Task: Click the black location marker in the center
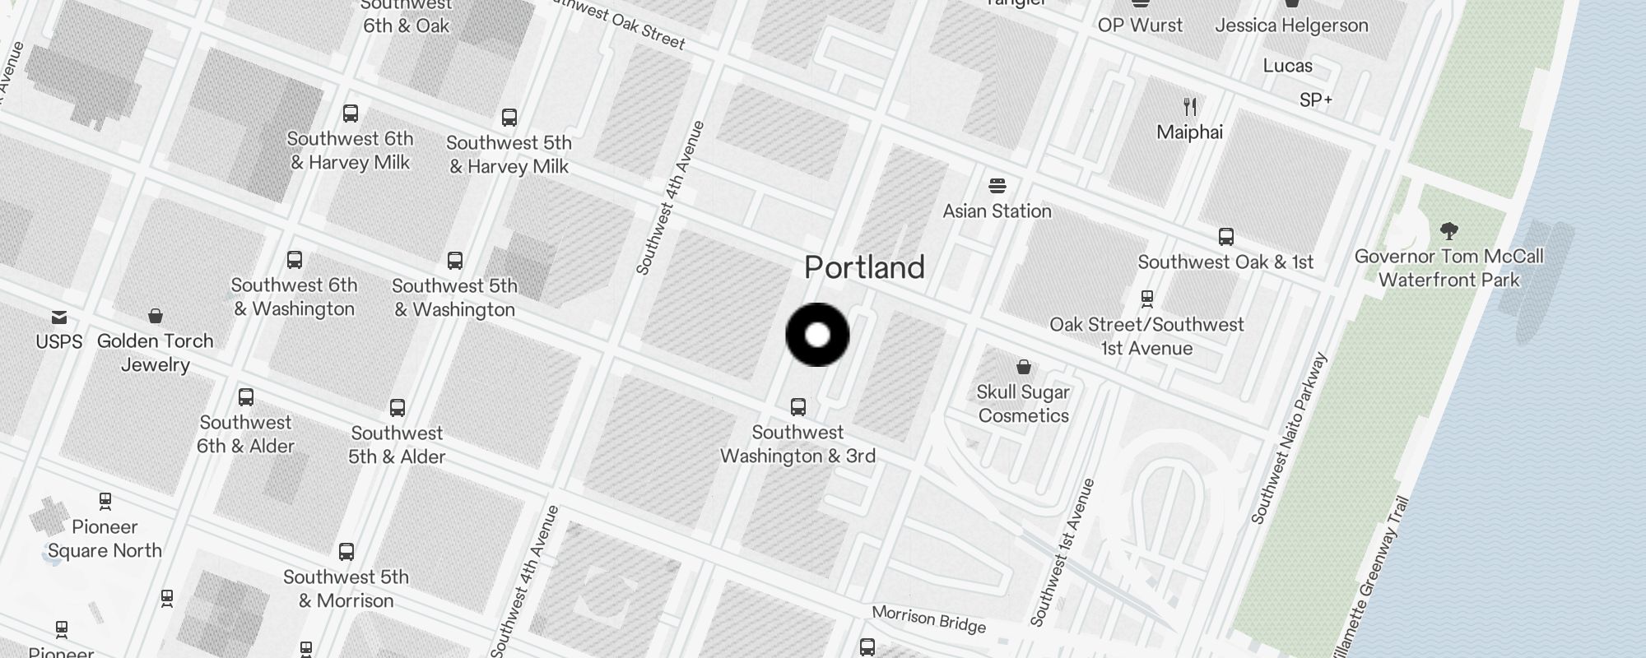(x=817, y=335)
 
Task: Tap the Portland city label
(x=864, y=267)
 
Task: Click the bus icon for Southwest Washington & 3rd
(x=797, y=406)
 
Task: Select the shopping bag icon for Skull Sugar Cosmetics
(x=1024, y=366)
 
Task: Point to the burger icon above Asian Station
(x=997, y=185)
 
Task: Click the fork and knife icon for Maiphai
(x=1189, y=106)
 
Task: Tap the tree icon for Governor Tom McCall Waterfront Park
(x=1448, y=230)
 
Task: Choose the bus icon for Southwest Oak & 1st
(x=1225, y=237)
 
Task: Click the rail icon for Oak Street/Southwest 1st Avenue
(x=1146, y=298)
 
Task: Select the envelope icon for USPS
(x=59, y=317)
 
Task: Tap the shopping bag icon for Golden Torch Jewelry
(x=155, y=316)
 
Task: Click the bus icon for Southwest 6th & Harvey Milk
(x=351, y=114)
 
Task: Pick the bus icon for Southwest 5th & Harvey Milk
(x=509, y=118)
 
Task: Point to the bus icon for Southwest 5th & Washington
(x=454, y=261)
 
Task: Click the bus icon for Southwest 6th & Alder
(x=245, y=397)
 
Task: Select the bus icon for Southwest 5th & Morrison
(x=346, y=551)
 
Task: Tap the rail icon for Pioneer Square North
(x=105, y=501)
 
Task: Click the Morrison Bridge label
(x=928, y=619)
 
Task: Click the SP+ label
(x=1315, y=100)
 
